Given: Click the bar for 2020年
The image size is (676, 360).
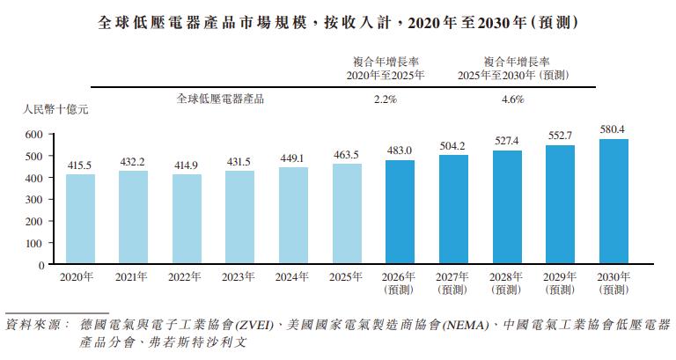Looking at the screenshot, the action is pos(81,218).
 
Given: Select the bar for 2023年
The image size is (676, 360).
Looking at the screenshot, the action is pos(239,217).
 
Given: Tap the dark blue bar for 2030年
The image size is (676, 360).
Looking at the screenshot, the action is pos(614,201).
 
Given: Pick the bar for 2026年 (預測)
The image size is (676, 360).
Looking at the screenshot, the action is pos(400,212).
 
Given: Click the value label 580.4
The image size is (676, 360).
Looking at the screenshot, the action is pos(613,129).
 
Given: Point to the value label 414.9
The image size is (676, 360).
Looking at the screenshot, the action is pos(187,165).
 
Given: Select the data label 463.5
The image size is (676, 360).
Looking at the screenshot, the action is pos(346,155).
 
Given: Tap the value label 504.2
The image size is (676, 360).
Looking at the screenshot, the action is pos(452,146).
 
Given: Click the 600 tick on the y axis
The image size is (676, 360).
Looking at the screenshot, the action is pos(34,135).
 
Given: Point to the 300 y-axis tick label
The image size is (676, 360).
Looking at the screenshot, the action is pos(34,200).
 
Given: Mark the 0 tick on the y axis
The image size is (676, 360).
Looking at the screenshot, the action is pos(41,265).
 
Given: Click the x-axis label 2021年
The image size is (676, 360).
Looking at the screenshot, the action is pos(131,276).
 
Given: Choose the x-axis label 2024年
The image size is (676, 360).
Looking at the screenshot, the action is pos(292,276).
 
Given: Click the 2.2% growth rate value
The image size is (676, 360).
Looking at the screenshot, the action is pos(386,99).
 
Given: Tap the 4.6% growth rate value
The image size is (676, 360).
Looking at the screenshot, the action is pos(512,99).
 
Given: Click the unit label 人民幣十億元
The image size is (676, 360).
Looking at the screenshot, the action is pos(55,109).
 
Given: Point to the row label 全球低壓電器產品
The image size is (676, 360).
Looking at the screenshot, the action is pos(220,99).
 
